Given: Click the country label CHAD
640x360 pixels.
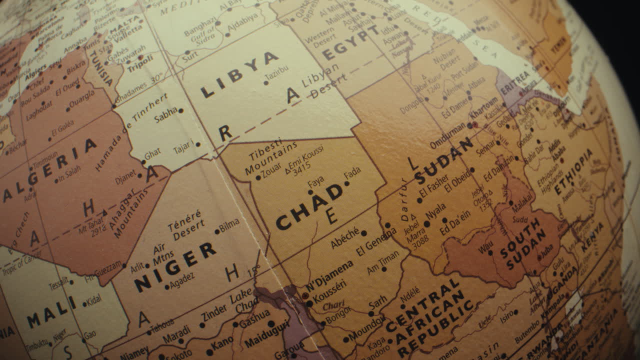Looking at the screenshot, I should (x=309, y=206).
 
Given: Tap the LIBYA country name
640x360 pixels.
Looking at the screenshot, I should (x=239, y=74).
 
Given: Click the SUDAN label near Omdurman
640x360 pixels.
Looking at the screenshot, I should (x=443, y=161).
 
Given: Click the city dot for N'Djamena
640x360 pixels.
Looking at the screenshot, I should (x=305, y=295).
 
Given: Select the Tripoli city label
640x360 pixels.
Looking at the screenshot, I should (x=140, y=64).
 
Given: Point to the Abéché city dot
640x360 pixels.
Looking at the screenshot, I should (x=363, y=233).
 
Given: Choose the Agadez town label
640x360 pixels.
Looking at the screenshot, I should (x=182, y=282).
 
